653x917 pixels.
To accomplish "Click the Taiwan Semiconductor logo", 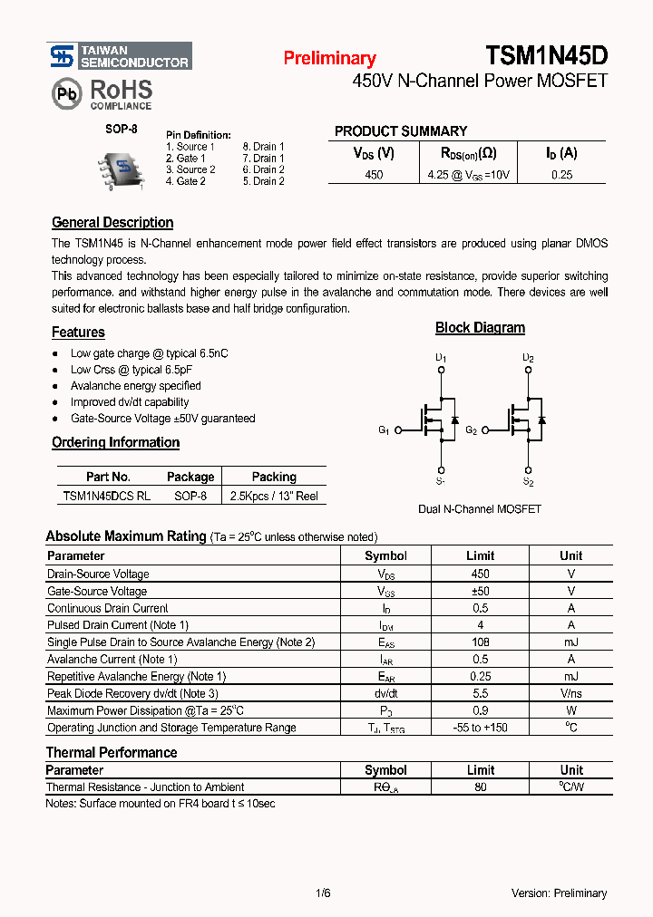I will (x=119, y=56).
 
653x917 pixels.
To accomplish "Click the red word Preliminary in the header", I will (x=329, y=59).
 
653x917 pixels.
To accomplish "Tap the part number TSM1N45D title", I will (x=546, y=56).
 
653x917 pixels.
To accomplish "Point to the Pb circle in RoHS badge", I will (x=66, y=93).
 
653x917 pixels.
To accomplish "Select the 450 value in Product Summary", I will (x=374, y=175).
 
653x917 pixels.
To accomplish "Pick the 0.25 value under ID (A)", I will (x=561, y=175).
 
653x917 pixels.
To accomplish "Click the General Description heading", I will (x=112, y=223).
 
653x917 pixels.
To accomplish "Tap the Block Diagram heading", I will (x=480, y=328).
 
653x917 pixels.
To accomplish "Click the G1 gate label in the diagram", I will (x=384, y=430).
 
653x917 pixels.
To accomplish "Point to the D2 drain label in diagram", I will (x=528, y=359).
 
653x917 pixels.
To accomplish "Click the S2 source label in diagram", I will (x=528, y=483).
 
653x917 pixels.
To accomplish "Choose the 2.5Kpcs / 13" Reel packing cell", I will (x=274, y=497).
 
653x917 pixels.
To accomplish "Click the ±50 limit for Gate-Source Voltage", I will (x=480, y=592).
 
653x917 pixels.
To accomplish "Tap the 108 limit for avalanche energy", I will (x=480, y=642).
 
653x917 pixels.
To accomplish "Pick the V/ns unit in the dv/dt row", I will (x=571, y=694).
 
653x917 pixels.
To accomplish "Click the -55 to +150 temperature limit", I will (x=480, y=728).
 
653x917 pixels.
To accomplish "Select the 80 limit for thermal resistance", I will (x=480, y=787).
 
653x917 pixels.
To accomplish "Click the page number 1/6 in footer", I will (x=323, y=893).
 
